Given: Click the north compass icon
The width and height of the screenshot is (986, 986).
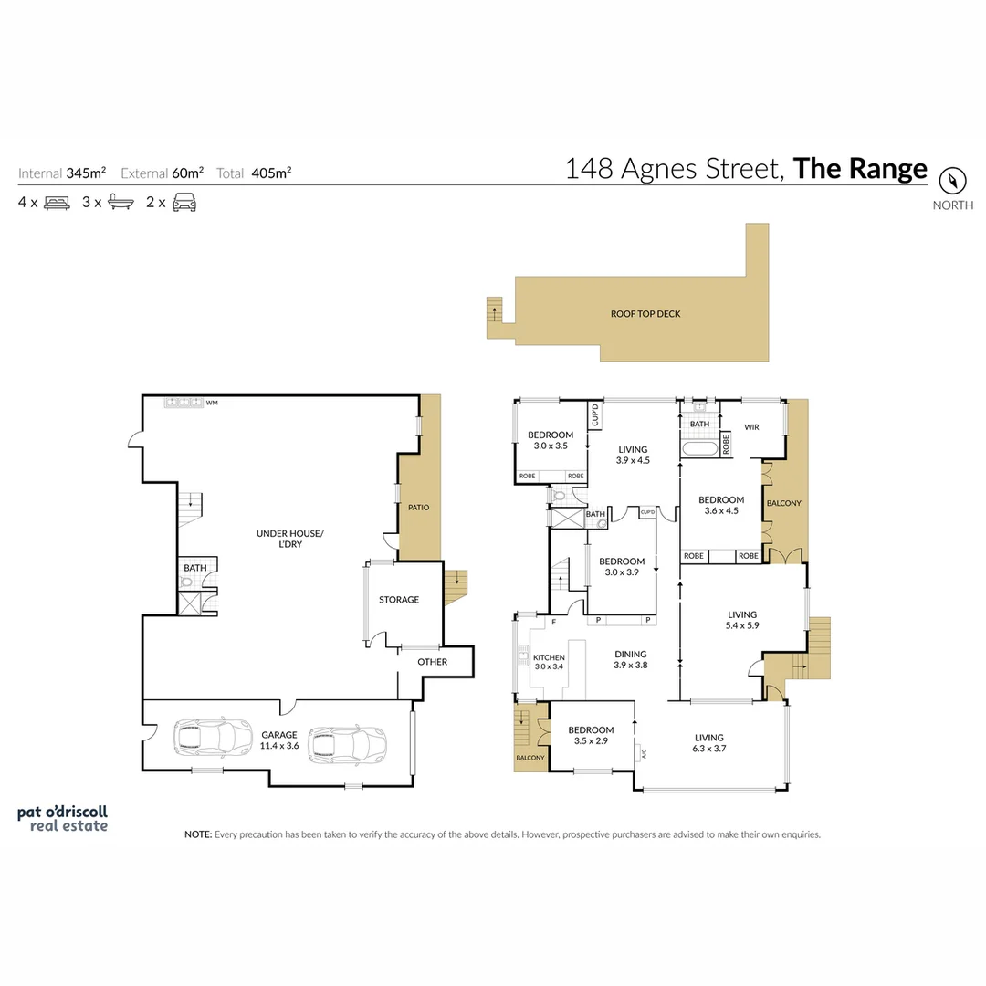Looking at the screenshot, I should [x=952, y=180].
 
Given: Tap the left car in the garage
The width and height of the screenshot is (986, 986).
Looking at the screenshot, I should [x=212, y=739].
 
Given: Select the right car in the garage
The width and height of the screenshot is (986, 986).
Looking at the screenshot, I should [x=346, y=744].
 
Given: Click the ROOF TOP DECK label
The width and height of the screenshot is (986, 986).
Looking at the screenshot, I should [x=645, y=314].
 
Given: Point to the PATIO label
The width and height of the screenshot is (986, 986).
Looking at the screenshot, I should [x=418, y=508].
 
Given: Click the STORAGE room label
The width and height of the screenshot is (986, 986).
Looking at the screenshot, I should [x=399, y=600].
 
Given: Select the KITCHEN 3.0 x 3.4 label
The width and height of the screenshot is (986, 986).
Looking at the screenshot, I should [x=550, y=662].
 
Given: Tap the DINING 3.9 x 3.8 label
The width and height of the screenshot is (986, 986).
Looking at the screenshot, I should [x=630, y=659].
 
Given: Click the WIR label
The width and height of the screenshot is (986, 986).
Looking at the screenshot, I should [x=752, y=425].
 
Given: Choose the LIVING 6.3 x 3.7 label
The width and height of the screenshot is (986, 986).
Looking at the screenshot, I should [x=708, y=743].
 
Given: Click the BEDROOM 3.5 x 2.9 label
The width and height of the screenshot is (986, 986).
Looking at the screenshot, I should [x=591, y=735].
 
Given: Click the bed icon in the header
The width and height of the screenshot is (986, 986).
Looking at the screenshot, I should [x=57, y=203].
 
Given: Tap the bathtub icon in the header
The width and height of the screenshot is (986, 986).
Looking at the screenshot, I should [x=121, y=203].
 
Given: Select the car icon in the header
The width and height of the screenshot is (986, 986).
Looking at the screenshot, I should [x=184, y=203].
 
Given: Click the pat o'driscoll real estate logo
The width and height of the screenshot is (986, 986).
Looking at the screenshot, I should [x=63, y=818].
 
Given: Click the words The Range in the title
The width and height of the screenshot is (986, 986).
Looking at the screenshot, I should [x=860, y=169].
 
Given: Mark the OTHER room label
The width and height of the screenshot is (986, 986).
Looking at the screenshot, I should [x=432, y=662].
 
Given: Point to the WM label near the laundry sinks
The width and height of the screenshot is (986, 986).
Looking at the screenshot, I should [x=212, y=402].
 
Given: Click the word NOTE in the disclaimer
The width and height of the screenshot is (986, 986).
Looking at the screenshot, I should [x=197, y=834].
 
